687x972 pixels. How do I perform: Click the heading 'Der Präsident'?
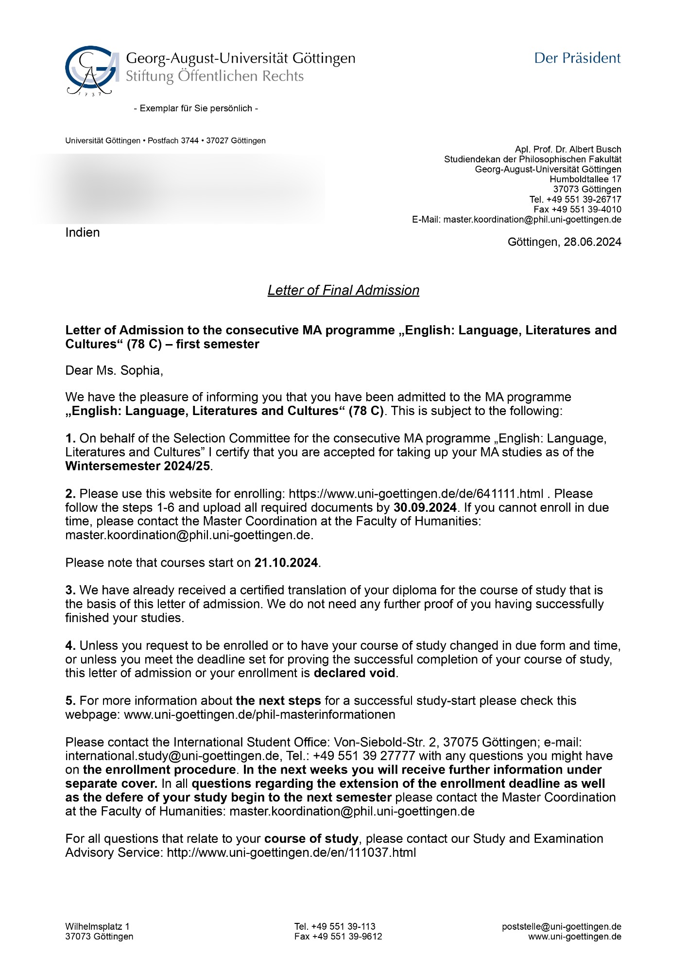click(x=577, y=58)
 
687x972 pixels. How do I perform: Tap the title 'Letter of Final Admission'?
click(x=343, y=290)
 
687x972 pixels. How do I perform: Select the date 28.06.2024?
click(x=592, y=242)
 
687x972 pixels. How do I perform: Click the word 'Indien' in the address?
click(x=83, y=232)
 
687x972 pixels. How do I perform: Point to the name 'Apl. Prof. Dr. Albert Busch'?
click(x=568, y=149)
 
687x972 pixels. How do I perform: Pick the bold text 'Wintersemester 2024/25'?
click(x=138, y=466)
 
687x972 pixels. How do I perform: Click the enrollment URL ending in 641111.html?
click(x=416, y=494)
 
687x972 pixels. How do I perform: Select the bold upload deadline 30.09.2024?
click(x=425, y=507)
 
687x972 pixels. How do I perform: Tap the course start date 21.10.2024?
click(x=286, y=563)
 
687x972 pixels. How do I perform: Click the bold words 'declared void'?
click(x=355, y=673)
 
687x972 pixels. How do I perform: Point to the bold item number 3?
click(x=70, y=590)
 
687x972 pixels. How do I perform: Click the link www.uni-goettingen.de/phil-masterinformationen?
click(x=259, y=714)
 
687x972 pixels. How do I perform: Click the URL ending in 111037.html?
click(x=292, y=852)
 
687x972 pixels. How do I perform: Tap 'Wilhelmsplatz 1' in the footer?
click(x=98, y=926)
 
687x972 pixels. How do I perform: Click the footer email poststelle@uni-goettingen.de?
click(x=562, y=927)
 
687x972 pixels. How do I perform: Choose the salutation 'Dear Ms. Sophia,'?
click(x=114, y=371)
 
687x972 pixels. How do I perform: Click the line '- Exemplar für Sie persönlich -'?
click(x=196, y=108)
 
